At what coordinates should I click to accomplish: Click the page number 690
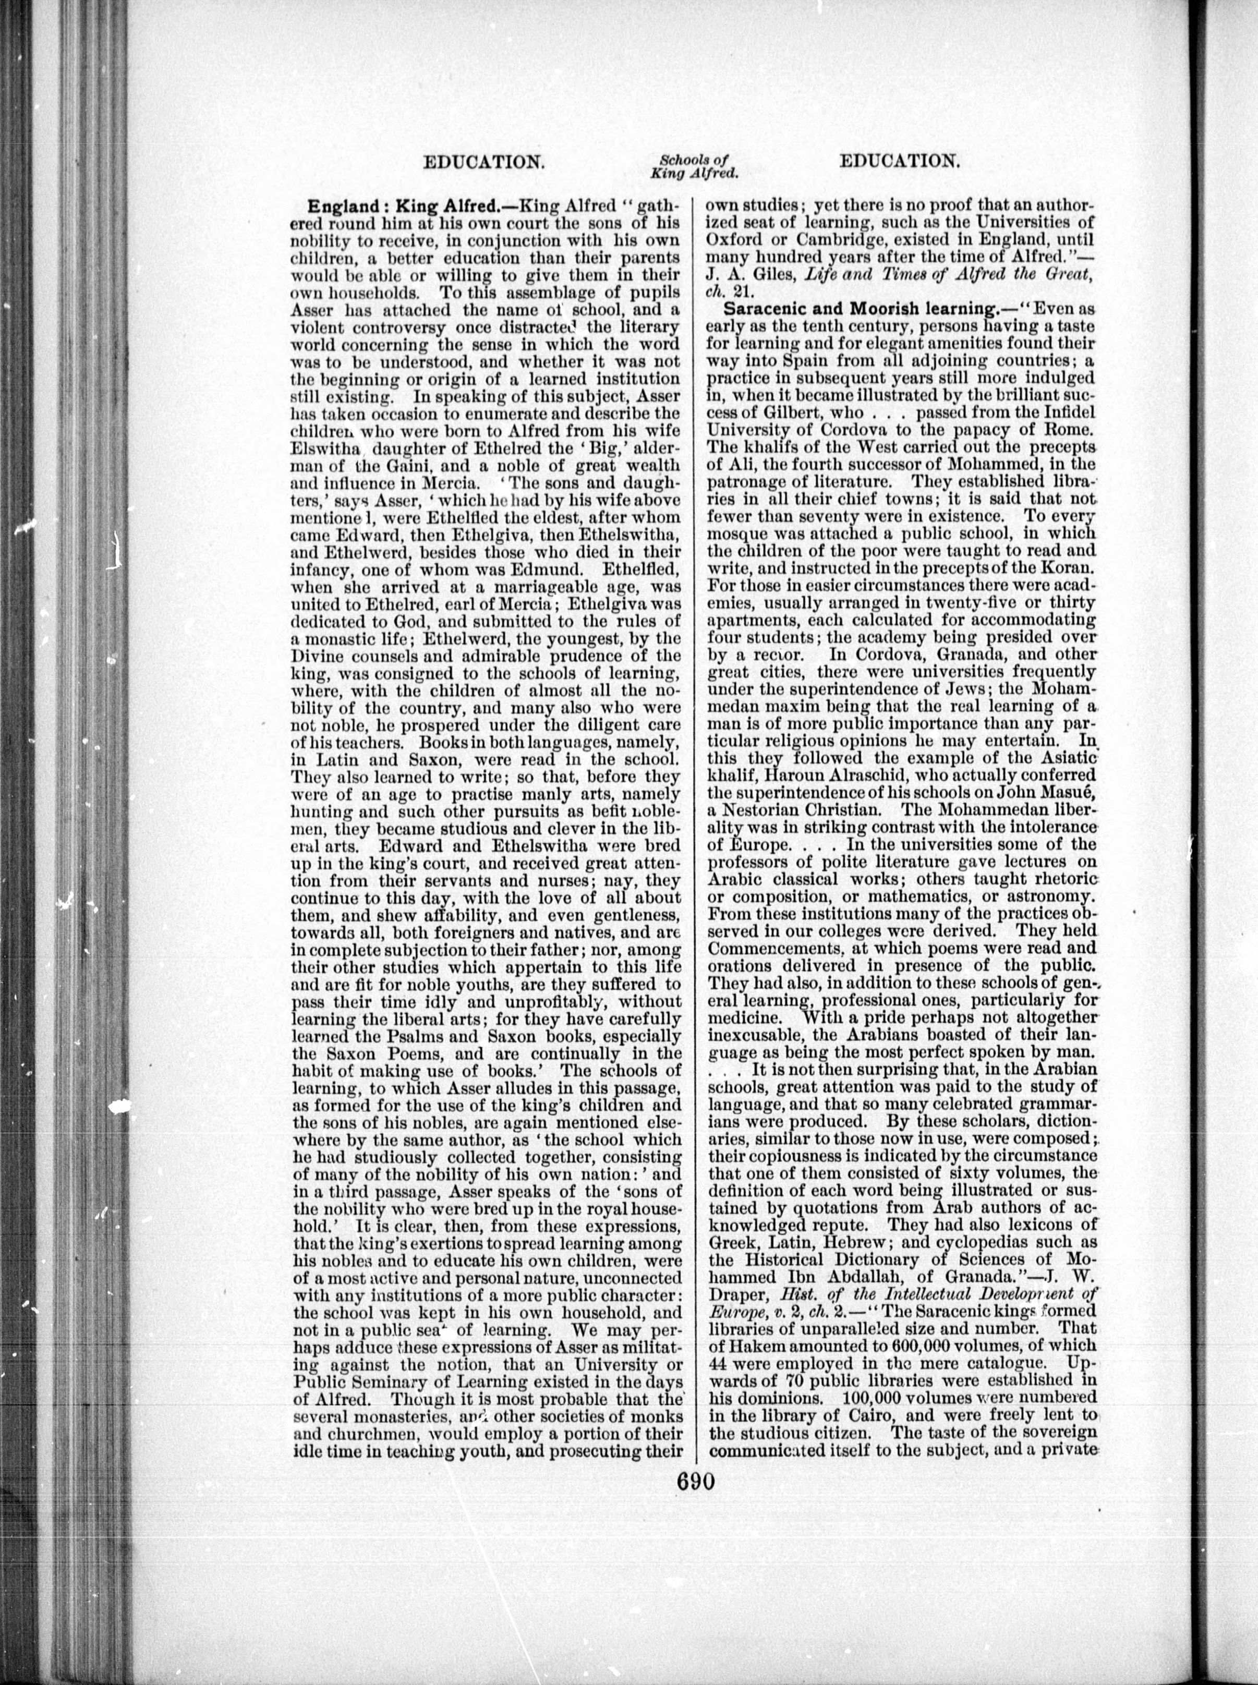(x=694, y=1498)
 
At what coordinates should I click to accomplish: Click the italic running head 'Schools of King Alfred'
(x=695, y=167)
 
